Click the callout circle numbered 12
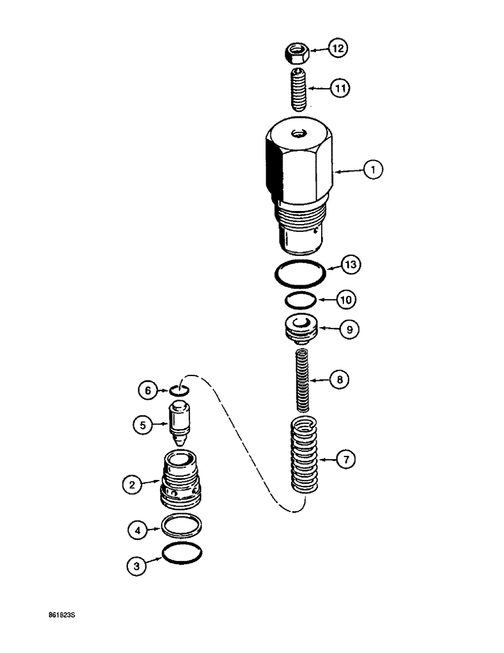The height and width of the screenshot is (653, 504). (338, 48)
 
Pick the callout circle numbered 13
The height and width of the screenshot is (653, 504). (353, 265)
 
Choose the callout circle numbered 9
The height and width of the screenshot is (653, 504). (349, 330)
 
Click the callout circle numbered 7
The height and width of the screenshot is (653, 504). (347, 460)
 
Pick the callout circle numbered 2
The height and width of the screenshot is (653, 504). (133, 485)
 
